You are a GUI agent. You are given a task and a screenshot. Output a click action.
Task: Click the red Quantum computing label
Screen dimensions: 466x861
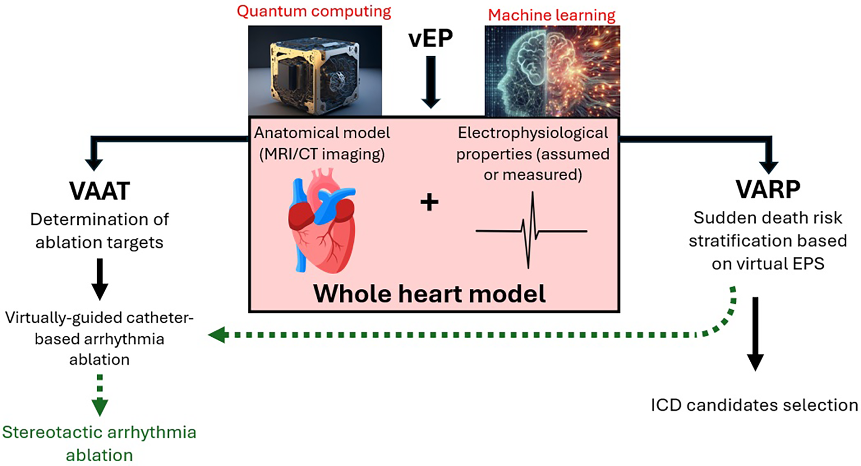(x=314, y=12)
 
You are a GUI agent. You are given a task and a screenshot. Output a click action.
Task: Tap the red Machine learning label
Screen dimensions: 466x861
(x=551, y=15)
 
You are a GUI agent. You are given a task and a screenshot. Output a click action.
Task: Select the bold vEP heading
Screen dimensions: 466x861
(x=430, y=38)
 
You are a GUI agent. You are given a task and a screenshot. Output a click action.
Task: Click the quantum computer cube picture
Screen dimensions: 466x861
(x=315, y=70)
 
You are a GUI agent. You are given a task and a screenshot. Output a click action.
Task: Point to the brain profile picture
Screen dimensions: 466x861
(x=552, y=71)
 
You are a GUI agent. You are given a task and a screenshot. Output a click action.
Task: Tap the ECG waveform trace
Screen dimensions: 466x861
(x=532, y=231)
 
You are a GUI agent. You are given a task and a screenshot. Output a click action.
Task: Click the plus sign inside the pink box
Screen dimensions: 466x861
(x=429, y=203)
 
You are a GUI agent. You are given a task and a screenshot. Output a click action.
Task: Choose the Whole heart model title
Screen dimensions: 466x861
(x=429, y=294)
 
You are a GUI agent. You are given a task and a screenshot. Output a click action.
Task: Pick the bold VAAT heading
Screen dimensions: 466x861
(x=99, y=191)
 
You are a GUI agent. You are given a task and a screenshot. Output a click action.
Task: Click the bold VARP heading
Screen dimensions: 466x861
(x=768, y=189)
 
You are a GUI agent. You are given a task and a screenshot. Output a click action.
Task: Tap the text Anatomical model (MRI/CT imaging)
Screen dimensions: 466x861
(x=322, y=143)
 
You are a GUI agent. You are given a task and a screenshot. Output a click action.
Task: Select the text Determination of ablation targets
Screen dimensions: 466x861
(x=99, y=231)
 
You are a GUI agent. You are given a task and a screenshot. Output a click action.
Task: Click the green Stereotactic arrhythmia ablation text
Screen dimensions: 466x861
(x=99, y=443)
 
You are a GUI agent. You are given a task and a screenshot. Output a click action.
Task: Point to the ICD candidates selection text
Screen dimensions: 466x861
(x=754, y=405)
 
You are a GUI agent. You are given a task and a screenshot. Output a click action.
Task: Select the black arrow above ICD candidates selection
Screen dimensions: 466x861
(x=755, y=333)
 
